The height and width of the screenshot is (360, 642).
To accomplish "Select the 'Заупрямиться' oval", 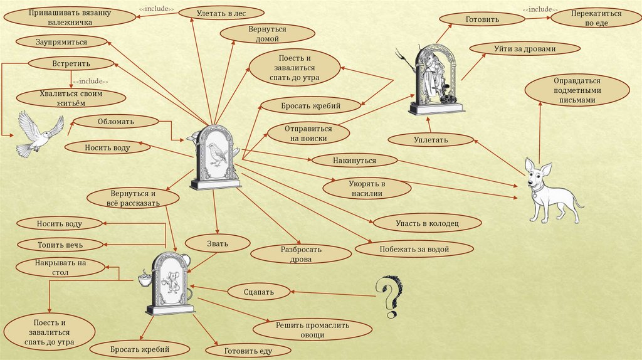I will pos(61,42).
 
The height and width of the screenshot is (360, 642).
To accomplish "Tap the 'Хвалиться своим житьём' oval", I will pos(67,98).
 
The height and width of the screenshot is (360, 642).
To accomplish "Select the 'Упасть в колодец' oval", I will pos(419,223).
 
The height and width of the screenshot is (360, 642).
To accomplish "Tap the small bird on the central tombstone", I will pos(216,153).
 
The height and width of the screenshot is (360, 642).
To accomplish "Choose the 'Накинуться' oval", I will pos(355,161).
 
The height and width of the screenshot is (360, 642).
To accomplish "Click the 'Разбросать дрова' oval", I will pos(300,253).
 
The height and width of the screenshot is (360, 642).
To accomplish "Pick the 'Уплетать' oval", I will pos(431,139).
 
